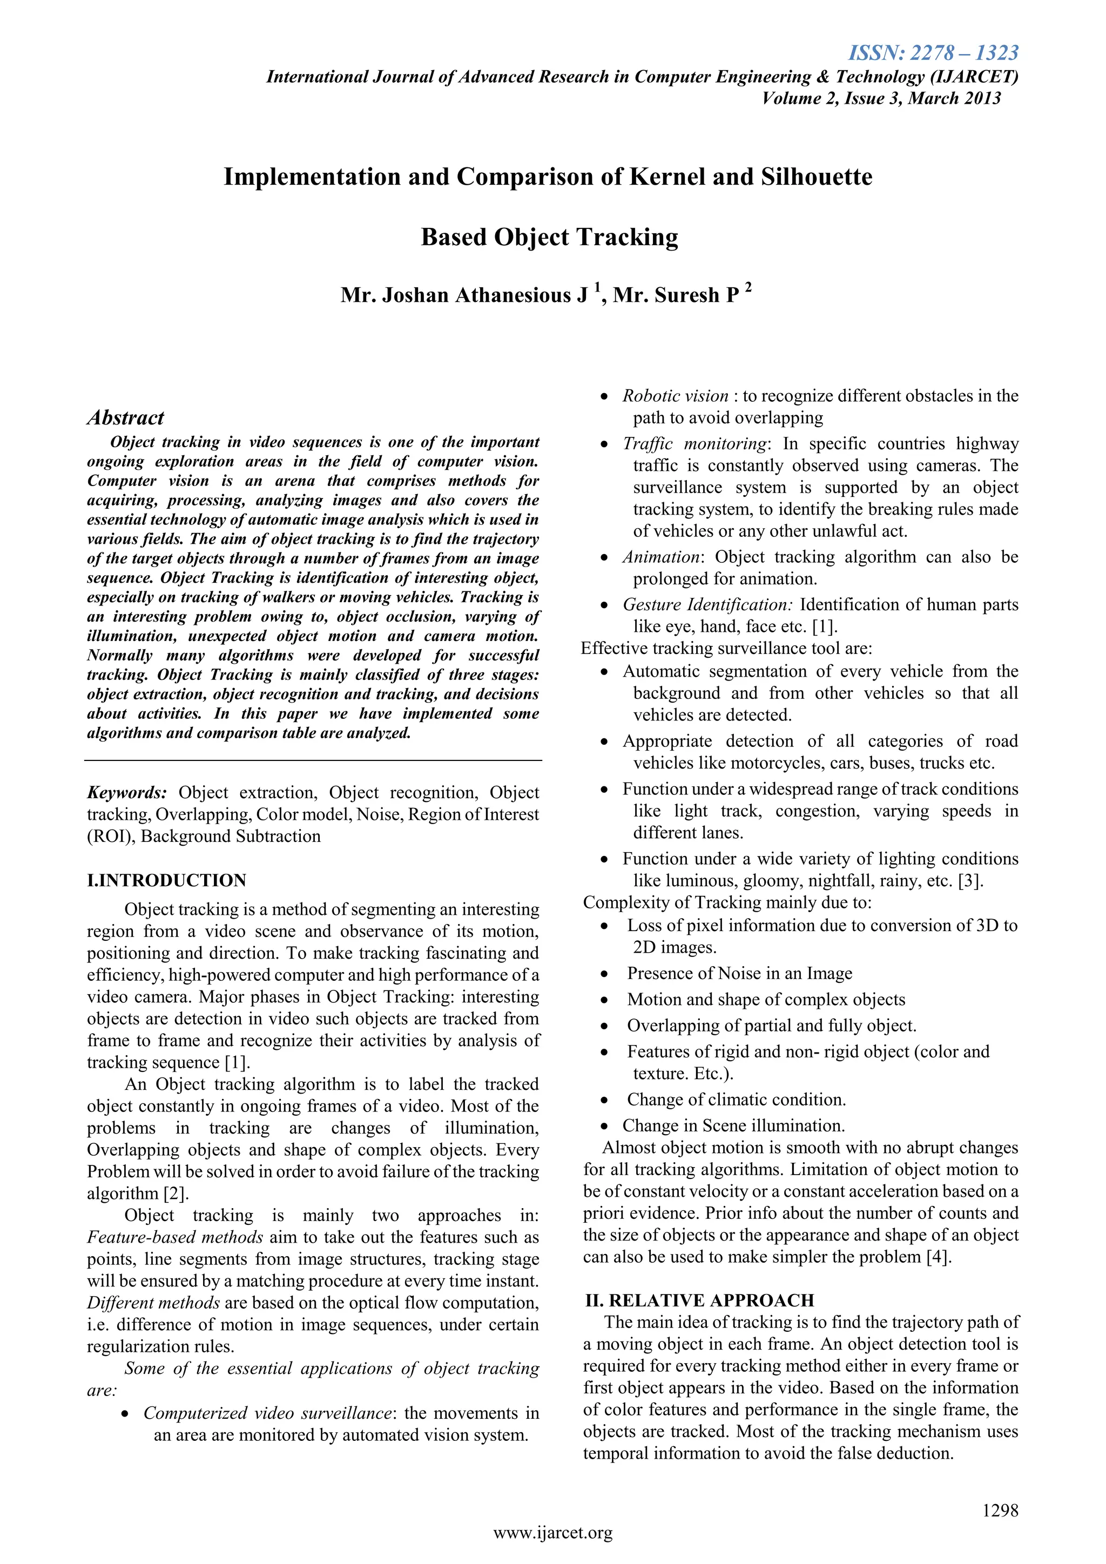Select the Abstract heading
pos(126,417)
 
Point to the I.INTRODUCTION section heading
pos(167,880)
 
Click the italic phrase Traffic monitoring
pos(694,443)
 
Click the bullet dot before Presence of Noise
pos(604,975)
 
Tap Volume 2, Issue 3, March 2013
pos(881,98)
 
